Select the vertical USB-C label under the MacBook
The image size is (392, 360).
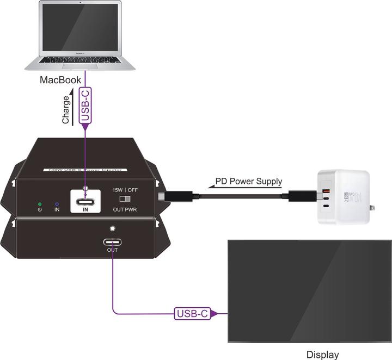pyautogui.click(x=85, y=105)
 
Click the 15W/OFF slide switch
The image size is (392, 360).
pyautogui.click(x=125, y=199)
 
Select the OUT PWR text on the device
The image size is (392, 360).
pyautogui.click(x=125, y=209)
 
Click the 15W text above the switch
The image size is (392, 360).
pyautogui.click(x=117, y=190)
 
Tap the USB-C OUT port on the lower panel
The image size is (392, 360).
pyautogui.click(x=112, y=243)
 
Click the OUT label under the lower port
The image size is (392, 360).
pyautogui.click(x=112, y=250)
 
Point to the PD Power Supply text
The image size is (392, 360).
pyautogui.click(x=249, y=182)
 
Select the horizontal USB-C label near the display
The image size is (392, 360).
pyautogui.click(x=192, y=313)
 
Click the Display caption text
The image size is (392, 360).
pyautogui.click(x=322, y=355)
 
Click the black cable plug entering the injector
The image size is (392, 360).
pyautogui.click(x=163, y=196)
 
